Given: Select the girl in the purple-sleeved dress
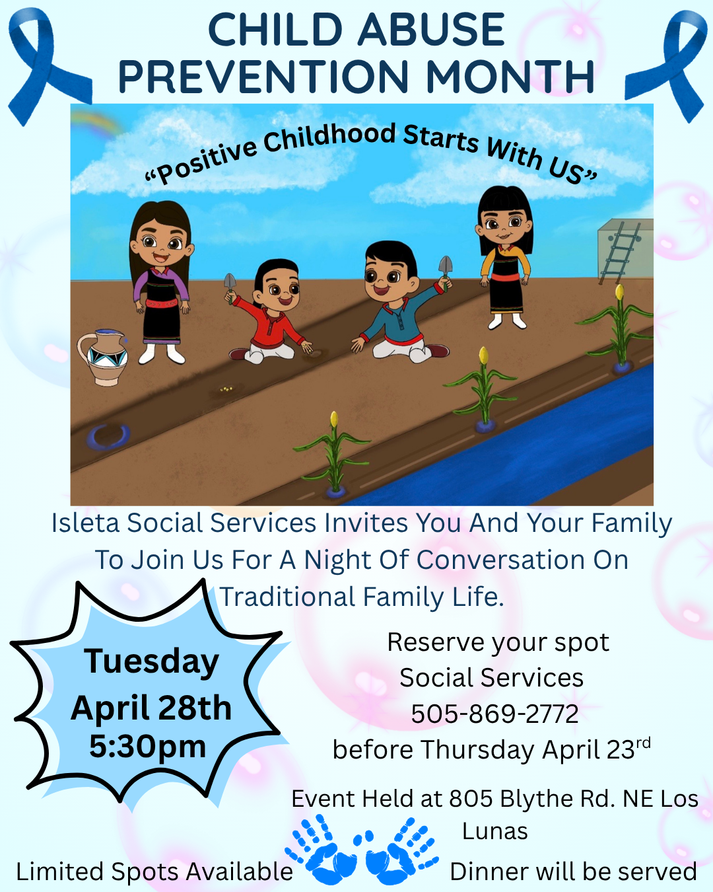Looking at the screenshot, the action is pos(160,282).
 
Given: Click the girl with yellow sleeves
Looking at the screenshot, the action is pos(504,257).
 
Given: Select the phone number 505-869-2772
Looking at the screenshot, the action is pos(494,714).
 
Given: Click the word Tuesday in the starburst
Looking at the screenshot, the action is pos(151,662).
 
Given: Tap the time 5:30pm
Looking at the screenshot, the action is pos(147,747).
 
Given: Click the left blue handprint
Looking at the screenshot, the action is pos(321,850).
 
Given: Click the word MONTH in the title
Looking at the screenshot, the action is pos(510,76).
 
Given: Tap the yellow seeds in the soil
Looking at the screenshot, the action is pos(226,389).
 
